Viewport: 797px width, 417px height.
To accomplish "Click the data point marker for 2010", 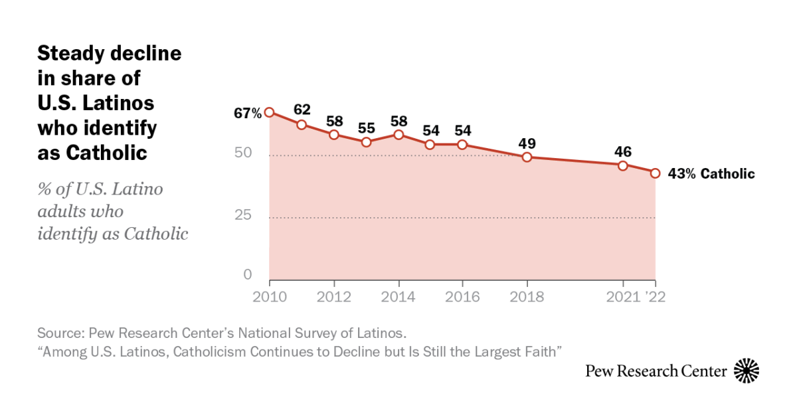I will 269,112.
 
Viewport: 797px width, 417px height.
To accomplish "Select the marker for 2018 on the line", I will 527,157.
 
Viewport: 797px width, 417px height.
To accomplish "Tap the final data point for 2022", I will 655,173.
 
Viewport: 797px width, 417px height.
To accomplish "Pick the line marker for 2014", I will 398,135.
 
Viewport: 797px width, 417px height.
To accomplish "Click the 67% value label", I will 247,114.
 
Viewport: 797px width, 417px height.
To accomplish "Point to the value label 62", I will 302,108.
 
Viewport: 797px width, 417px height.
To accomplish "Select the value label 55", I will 367,127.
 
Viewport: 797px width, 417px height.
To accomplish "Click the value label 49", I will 527,143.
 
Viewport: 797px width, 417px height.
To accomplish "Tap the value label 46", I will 623,151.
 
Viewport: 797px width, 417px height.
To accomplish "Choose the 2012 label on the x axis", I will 334,297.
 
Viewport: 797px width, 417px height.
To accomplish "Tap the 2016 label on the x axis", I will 463,297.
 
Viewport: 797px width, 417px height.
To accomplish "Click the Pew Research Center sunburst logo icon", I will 747,371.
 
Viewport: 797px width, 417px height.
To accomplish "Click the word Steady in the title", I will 71,53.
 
